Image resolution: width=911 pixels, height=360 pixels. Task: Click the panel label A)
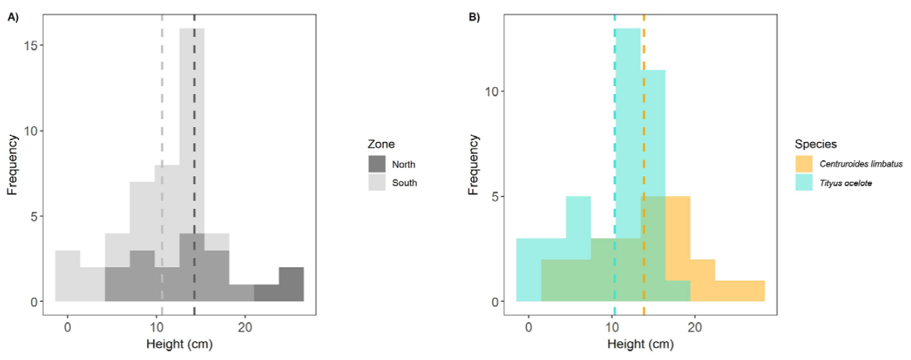[x=13, y=18]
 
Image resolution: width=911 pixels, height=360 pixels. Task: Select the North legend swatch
[x=377, y=164]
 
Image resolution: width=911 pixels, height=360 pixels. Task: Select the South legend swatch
[x=377, y=182]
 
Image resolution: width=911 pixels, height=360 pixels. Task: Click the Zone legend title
[x=381, y=144]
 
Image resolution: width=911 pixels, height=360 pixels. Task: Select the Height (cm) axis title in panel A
[x=179, y=345]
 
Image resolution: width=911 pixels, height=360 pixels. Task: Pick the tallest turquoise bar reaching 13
[x=627, y=92]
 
